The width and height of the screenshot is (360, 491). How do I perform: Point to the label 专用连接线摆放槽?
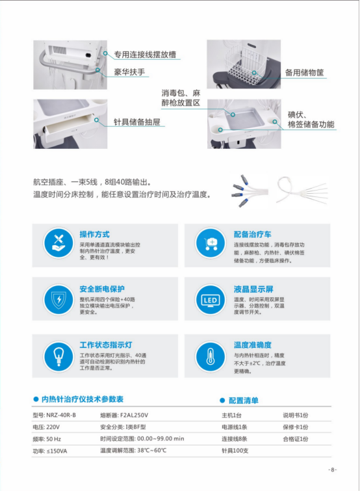tap(146, 55)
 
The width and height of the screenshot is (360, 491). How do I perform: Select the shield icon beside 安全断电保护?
tap(58, 300)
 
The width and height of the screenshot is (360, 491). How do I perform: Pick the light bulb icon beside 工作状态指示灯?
tap(58, 355)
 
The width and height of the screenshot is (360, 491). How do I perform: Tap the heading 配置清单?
tap(243, 400)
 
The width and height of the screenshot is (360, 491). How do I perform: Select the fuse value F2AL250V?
tap(133, 414)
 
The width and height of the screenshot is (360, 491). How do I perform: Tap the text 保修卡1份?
tap(296, 427)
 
